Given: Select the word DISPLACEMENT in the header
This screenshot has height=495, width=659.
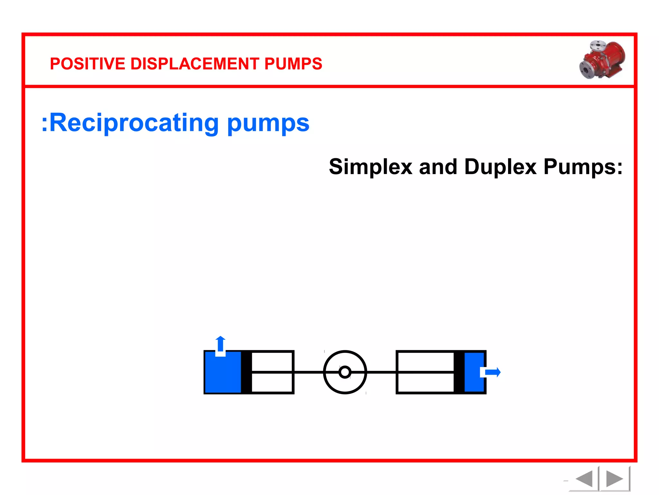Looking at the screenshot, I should pos(195,64).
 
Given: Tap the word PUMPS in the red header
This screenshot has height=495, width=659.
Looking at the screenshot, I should pos(293,64).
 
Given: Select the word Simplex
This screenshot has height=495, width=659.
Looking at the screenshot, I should pos(370,167).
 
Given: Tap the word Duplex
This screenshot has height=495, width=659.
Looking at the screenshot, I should pos(500,167).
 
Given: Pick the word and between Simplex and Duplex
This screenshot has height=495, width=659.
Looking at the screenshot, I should pos(438,167).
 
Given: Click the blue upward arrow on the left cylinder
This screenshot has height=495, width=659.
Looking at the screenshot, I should pos(220,344).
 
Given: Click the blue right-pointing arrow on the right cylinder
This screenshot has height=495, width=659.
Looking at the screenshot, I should pos(493,372).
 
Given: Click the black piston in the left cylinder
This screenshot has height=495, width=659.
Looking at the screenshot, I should pos(246,372).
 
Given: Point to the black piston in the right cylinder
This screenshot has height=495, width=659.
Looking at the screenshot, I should pos(459,372).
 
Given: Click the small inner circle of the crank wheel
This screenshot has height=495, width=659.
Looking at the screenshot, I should pos(345,372).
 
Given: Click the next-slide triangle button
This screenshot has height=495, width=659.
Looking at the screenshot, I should pos(614,479).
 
